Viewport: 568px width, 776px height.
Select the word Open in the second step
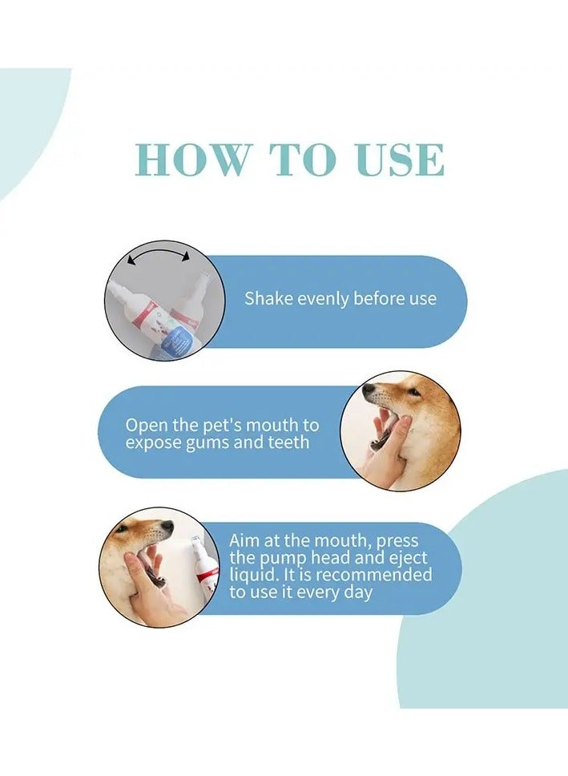tap(143, 424)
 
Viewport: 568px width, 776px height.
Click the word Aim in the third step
tap(244, 541)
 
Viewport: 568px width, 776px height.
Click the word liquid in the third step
tap(253, 576)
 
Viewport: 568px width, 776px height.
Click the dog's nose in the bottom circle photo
tap(167, 527)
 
